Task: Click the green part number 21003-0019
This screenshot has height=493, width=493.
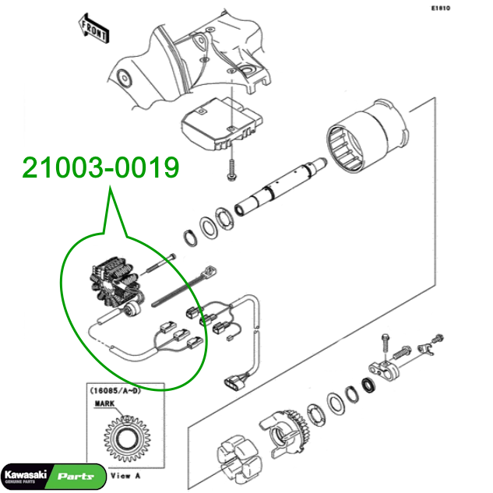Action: (101, 167)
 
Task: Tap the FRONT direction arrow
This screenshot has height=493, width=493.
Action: (93, 29)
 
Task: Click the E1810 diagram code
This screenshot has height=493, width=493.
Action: (441, 8)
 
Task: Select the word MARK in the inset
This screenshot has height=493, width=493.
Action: (104, 403)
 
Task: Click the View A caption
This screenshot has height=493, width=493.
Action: (125, 476)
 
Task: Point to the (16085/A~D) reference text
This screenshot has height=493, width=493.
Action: (115, 391)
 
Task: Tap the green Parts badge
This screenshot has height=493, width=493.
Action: (77, 477)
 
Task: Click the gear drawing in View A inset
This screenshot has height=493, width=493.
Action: (127, 438)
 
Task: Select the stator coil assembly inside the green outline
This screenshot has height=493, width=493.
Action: (115, 282)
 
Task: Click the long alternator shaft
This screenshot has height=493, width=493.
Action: (281, 186)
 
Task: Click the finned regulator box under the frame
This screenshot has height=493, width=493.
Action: (222, 124)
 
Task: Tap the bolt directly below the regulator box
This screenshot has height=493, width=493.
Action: (231, 170)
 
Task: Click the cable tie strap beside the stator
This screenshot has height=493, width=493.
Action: (184, 287)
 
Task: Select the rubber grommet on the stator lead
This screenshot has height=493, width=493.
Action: (132, 310)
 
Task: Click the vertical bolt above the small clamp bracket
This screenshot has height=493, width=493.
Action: (386, 346)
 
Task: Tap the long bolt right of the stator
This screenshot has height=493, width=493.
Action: (160, 263)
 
